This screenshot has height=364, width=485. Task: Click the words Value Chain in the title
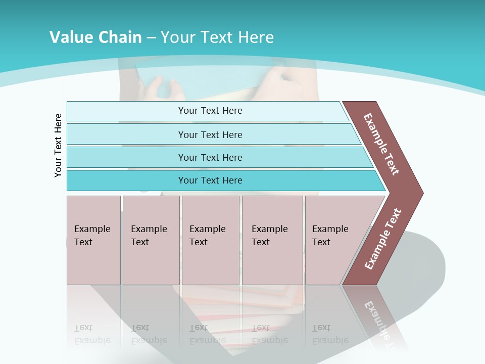pos(95,37)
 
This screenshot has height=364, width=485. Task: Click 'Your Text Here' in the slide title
pos(217,37)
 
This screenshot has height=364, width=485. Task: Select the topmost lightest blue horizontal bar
pos(126,111)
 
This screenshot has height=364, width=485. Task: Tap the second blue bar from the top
pos(126,134)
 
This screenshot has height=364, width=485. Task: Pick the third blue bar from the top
pos(126,158)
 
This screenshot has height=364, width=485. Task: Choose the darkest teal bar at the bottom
pos(126,180)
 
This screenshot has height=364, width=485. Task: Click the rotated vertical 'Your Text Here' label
pos(58,145)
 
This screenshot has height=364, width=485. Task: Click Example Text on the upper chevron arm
pos(381,144)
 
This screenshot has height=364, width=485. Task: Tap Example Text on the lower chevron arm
pos(383,239)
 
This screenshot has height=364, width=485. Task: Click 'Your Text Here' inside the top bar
pos(210,111)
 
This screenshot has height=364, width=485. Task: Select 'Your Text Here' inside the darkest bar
pos(210,180)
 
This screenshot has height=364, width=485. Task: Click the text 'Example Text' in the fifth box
pos(330,235)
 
